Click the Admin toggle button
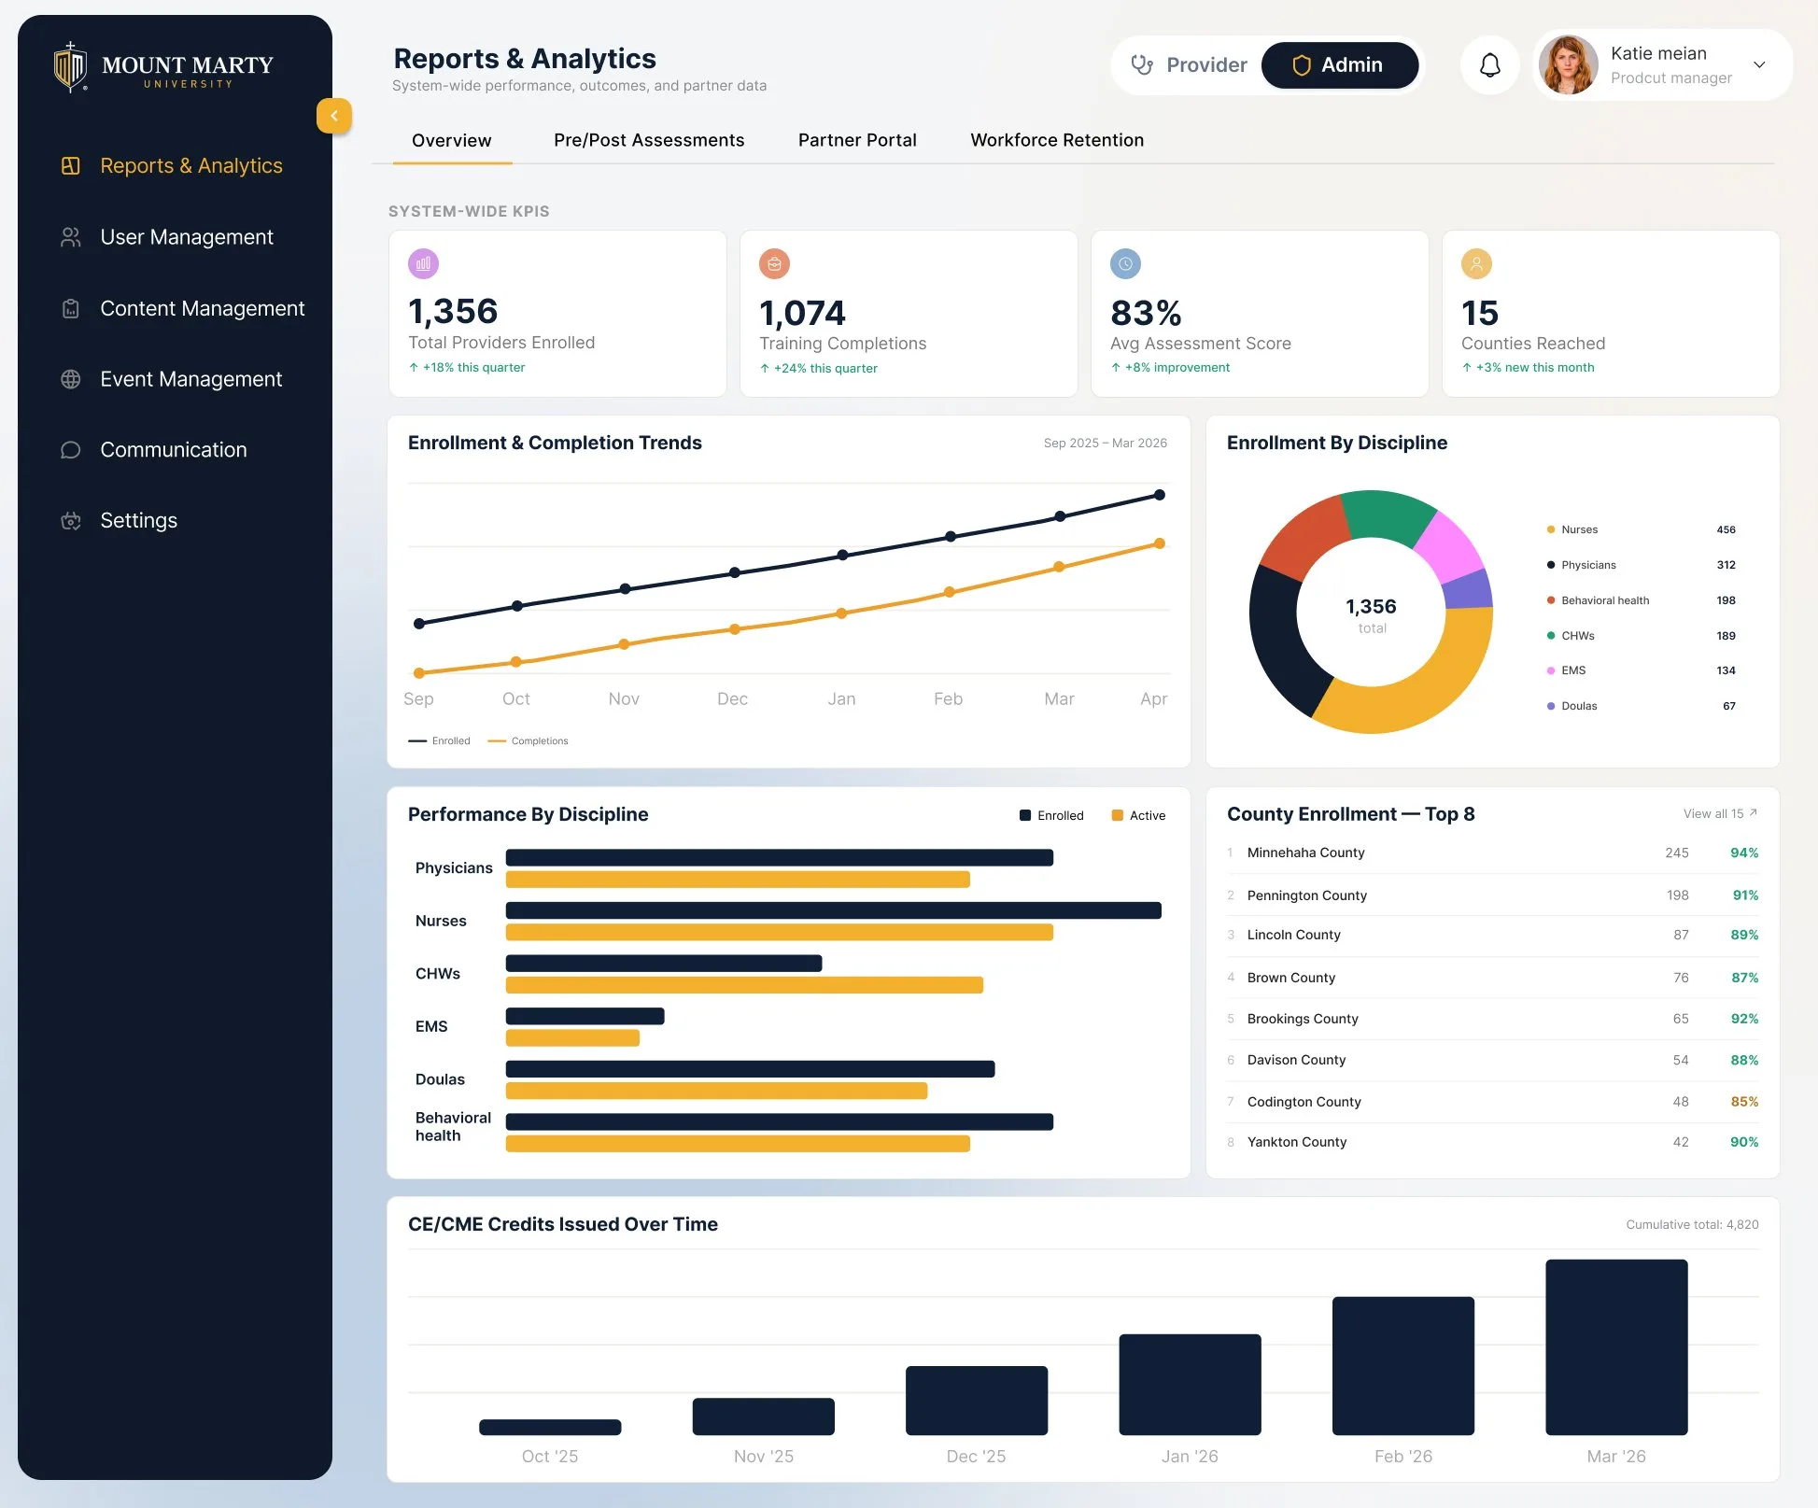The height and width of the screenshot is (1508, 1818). [1339, 65]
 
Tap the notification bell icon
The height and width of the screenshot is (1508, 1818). [1490, 65]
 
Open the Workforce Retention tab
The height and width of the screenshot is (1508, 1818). [1057, 140]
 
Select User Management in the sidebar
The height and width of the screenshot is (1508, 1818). [187, 237]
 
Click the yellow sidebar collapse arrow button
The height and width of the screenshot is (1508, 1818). [334, 116]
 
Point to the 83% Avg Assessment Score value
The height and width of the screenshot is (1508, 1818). [1146, 313]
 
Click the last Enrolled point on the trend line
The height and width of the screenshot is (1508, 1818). [1160, 495]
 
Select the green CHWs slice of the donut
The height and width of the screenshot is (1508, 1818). [1386, 516]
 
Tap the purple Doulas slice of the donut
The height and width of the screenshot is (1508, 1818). [1469, 590]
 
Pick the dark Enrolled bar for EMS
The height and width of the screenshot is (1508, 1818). [585, 1016]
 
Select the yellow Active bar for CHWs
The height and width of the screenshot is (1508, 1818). [744, 985]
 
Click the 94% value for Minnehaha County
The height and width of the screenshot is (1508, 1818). [1744, 853]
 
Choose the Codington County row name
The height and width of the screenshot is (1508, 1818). [1304, 1102]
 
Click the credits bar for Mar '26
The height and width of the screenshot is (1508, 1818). [1616, 1347]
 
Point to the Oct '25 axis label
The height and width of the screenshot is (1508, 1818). [550, 1457]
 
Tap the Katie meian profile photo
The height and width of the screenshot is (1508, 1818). [1568, 65]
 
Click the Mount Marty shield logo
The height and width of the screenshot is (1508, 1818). [70, 67]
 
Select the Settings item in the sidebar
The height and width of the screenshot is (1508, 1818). [138, 520]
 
